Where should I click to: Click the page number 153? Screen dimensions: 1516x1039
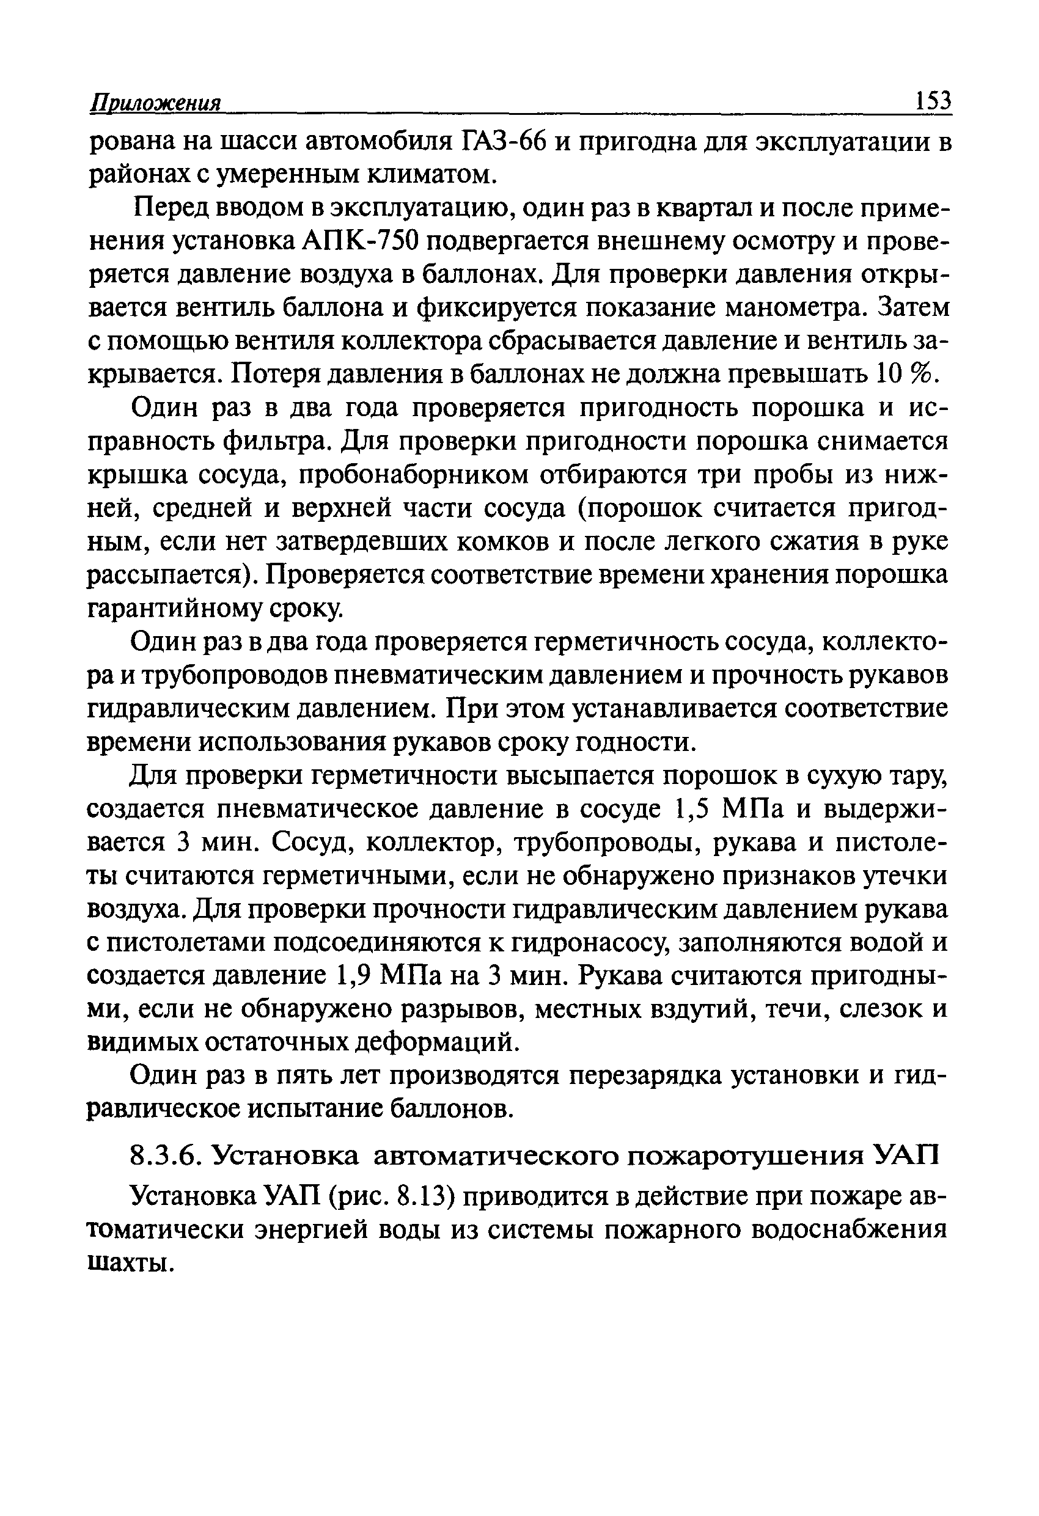coord(933,102)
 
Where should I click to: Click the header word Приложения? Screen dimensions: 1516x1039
coord(156,104)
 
